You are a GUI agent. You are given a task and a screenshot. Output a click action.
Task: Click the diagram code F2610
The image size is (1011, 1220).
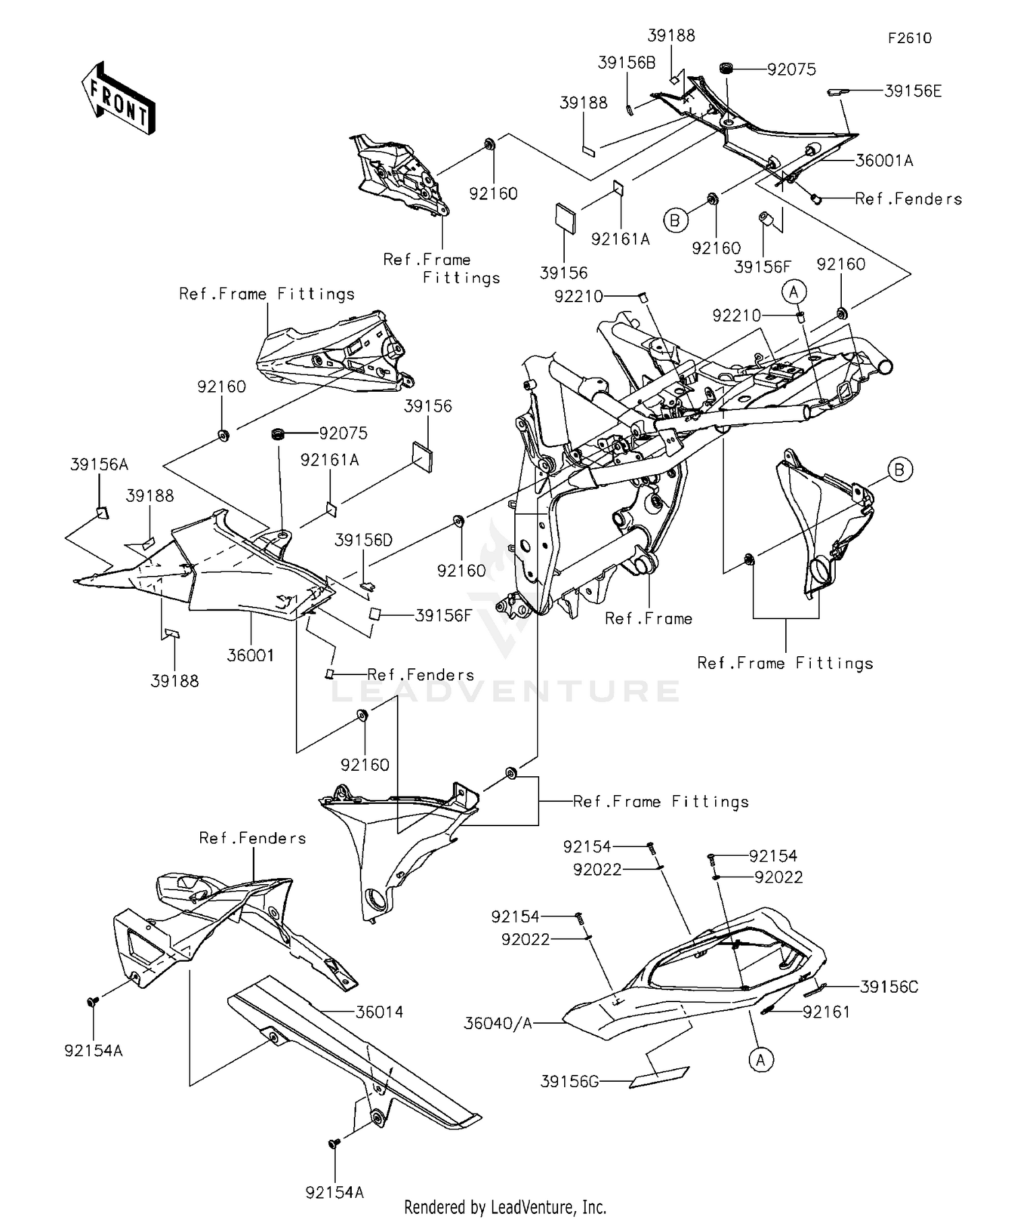point(909,38)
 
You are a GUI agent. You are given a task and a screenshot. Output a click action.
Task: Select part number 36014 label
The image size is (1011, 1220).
point(379,1012)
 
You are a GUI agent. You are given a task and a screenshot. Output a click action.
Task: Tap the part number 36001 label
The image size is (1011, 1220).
point(250,655)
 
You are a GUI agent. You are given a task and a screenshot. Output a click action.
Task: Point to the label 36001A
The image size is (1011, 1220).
point(884,161)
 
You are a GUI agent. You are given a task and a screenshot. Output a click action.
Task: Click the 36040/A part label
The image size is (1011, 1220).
point(498,1024)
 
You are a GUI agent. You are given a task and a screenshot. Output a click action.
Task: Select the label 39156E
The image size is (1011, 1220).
point(913,91)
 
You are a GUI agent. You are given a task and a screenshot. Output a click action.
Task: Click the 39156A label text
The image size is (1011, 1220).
point(99,465)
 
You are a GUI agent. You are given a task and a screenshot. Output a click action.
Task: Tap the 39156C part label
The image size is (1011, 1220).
point(889,987)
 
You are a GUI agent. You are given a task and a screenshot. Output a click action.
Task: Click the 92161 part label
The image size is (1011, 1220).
point(826,1012)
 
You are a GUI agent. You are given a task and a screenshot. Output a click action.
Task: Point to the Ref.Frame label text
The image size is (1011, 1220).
point(648,618)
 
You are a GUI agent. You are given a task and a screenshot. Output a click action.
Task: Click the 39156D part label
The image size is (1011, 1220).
point(364,540)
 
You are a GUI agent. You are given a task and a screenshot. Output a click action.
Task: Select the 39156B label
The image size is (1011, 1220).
point(626,63)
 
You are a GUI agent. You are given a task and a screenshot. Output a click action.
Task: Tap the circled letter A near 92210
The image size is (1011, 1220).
point(794,292)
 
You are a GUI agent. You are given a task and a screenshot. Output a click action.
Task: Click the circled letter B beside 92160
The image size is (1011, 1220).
point(675,220)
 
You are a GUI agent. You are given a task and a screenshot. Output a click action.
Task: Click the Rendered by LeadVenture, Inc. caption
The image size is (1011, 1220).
point(505,1207)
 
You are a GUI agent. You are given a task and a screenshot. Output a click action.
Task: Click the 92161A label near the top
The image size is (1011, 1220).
point(620,239)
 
